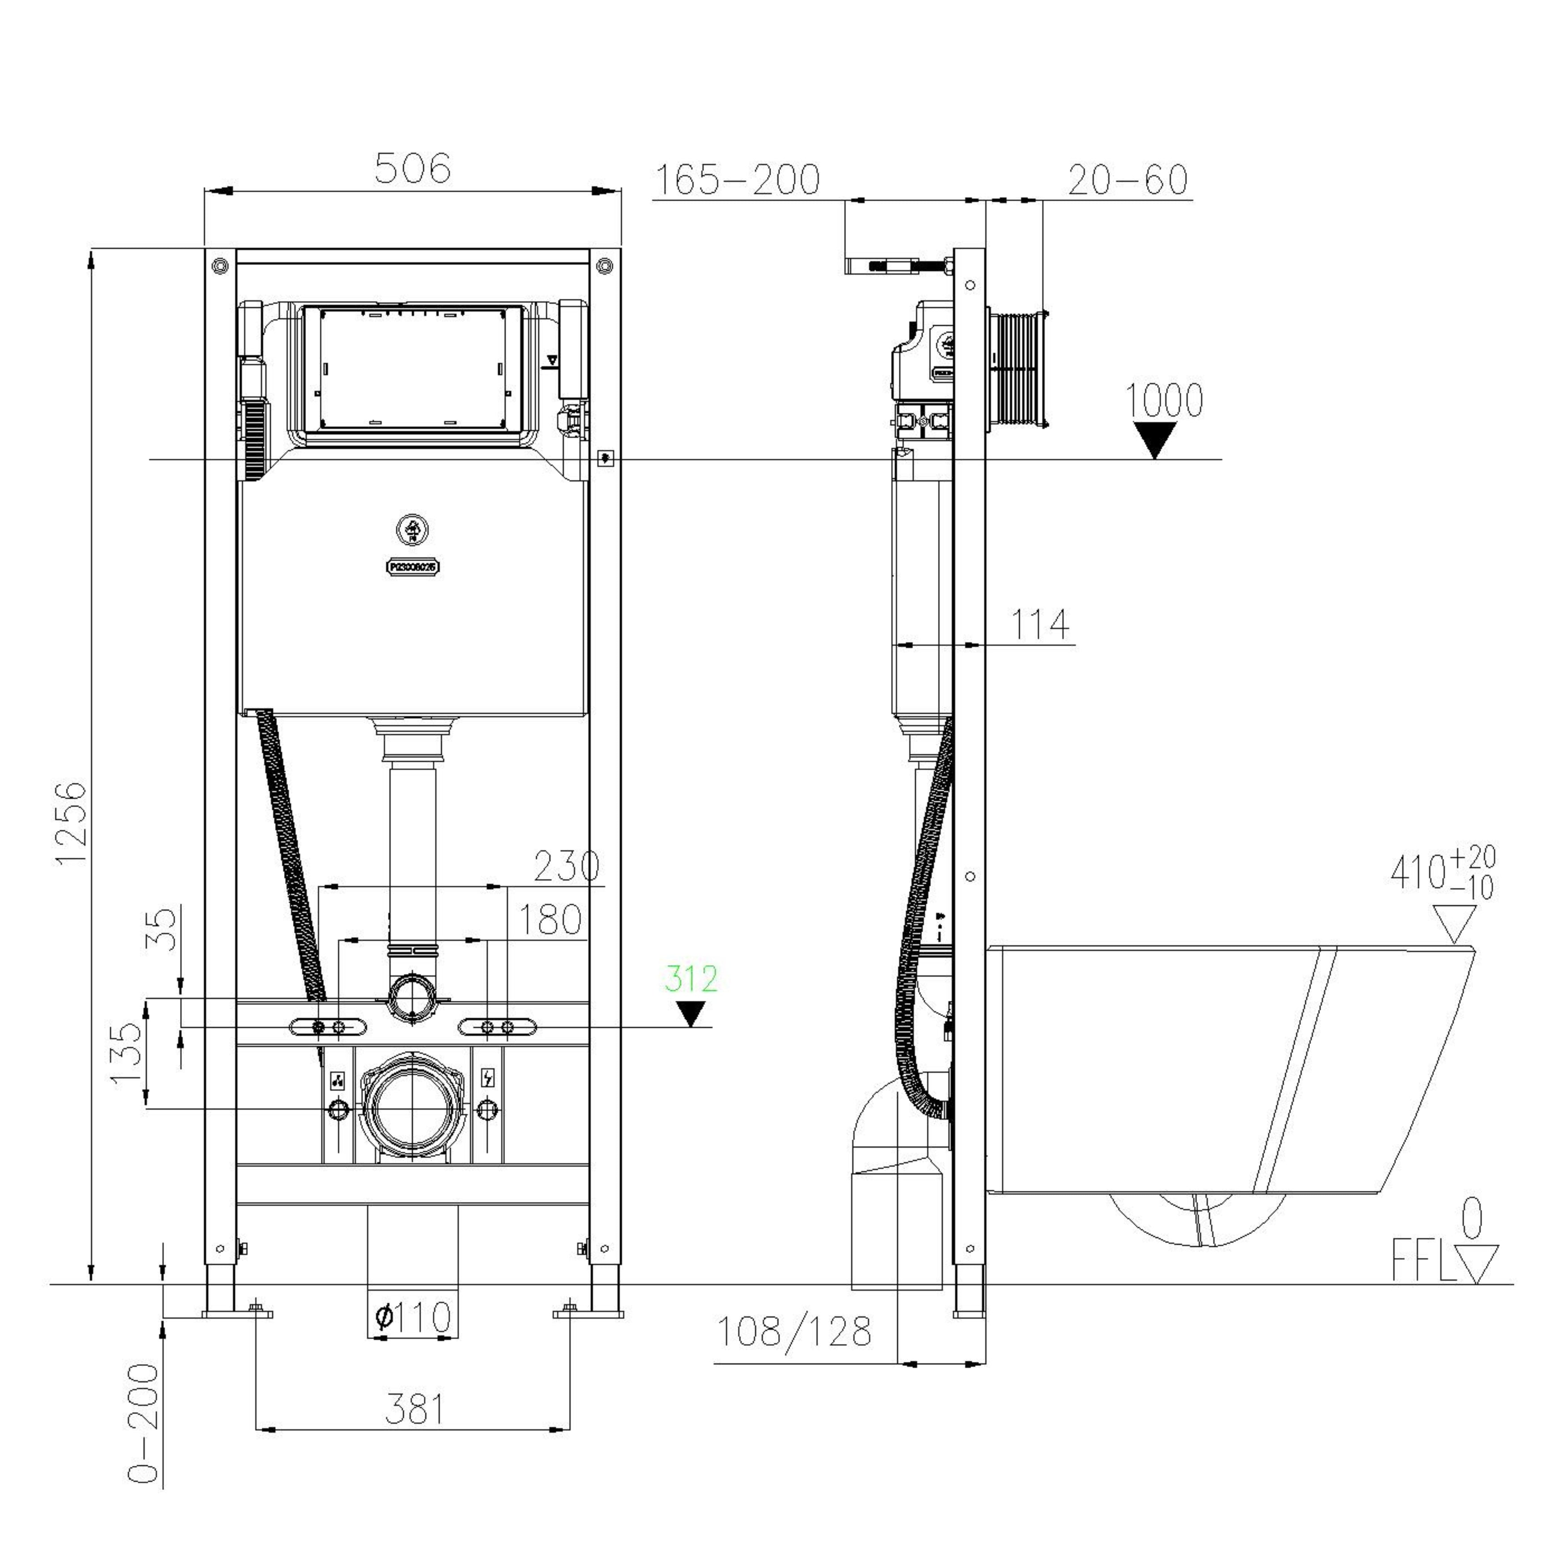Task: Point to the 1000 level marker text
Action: tap(1163, 401)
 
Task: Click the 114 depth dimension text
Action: tap(1040, 625)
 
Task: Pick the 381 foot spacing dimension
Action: tap(414, 1410)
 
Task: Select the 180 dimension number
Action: tap(549, 920)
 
